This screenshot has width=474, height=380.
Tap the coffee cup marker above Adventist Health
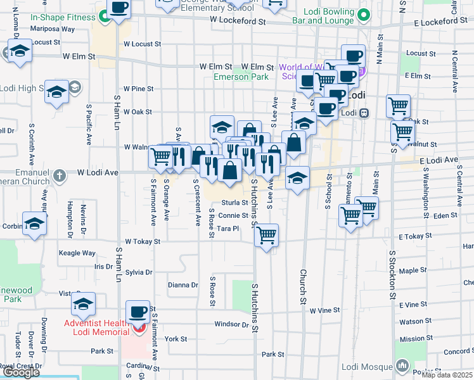[138, 312]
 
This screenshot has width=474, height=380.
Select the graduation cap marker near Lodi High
[56, 93]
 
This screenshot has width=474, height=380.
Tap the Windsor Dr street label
[231, 324]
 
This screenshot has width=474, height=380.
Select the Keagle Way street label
[77, 253]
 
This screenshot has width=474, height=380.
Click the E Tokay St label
[414, 236]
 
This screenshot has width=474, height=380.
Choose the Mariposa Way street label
[53, 29]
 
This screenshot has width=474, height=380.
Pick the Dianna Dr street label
[183, 285]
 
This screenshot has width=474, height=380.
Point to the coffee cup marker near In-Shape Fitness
[118, 9]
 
